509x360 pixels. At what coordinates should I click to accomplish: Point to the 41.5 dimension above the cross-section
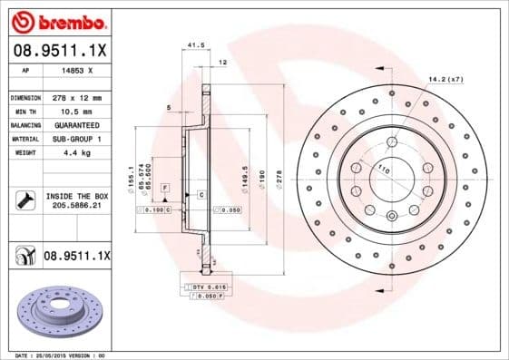pos(192,44)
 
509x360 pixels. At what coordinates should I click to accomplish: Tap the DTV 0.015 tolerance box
pos(204,286)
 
